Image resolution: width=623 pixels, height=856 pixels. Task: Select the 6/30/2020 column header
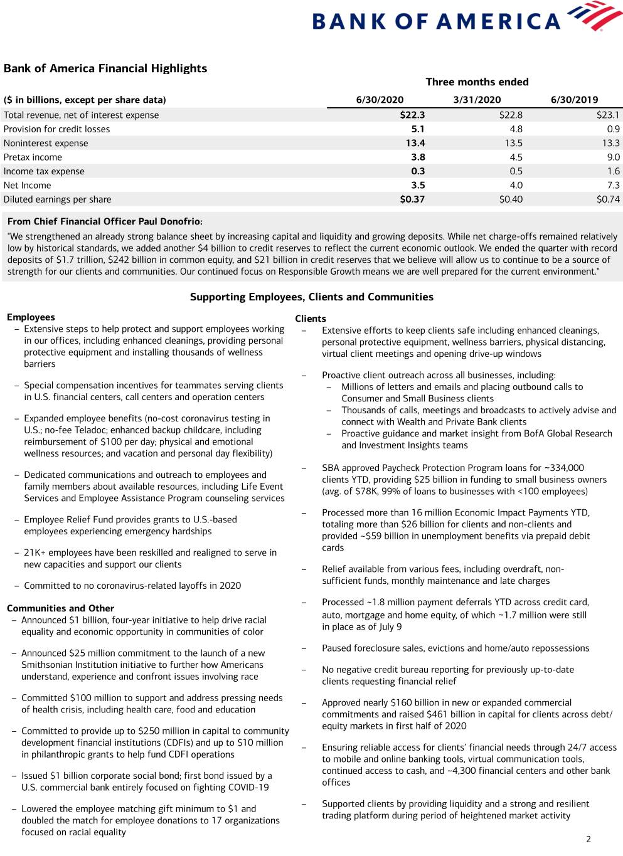(380, 100)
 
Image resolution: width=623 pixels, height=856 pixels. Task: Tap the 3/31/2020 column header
(477, 100)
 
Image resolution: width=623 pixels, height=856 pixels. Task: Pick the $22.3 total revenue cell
(412, 115)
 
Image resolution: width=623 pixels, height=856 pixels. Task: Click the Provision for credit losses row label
(56, 129)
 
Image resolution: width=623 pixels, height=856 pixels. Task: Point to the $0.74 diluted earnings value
(607, 199)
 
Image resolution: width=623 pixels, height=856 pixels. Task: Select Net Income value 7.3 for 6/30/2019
(613, 186)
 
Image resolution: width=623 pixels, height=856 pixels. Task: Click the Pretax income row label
(33, 157)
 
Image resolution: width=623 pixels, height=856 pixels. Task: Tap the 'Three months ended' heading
(477, 82)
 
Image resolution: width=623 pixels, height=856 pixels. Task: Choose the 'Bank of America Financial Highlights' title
(105, 68)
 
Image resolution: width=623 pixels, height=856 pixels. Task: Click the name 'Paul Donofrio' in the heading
(171, 221)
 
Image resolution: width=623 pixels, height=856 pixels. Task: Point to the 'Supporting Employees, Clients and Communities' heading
(311, 297)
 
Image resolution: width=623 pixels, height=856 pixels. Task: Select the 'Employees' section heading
(31, 317)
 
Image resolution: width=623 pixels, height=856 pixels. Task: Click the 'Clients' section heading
(311, 319)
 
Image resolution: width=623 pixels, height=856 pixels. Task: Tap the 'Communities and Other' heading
(60, 608)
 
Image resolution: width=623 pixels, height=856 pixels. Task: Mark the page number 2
(588, 839)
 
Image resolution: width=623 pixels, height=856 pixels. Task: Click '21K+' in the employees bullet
(35, 553)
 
